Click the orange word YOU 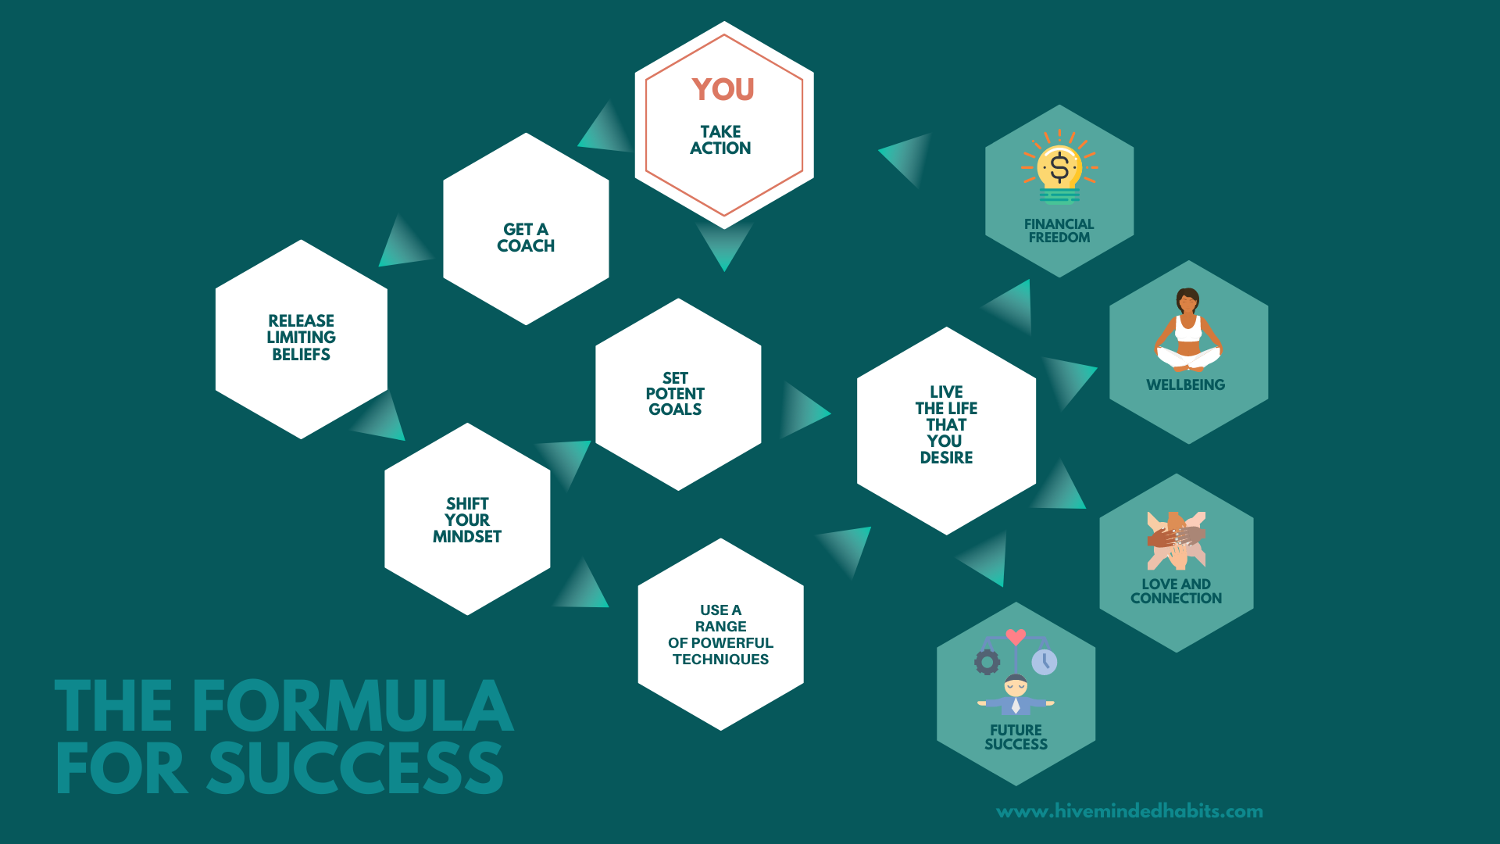(x=723, y=89)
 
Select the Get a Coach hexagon (x=526, y=229)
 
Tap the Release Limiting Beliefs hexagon (x=302, y=339)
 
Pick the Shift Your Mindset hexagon (x=467, y=519)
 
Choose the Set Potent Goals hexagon (x=678, y=395)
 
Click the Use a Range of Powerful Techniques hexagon (x=721, y=635)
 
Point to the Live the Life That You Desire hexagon (x=947, y=431)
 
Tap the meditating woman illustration (x=1188, y=329)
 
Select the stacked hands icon (x=1177, y=540)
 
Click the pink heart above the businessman (x=1016, y=637)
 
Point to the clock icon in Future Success (x=1045, y=662)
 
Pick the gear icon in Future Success (x=987, y=662)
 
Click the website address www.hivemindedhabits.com (x=1130, y=811)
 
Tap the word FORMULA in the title (x=353, y=706)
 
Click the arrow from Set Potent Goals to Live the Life (x=805, y=410)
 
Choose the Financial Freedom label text (x=1059, y=231)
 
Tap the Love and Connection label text (x=1177, y=591)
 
